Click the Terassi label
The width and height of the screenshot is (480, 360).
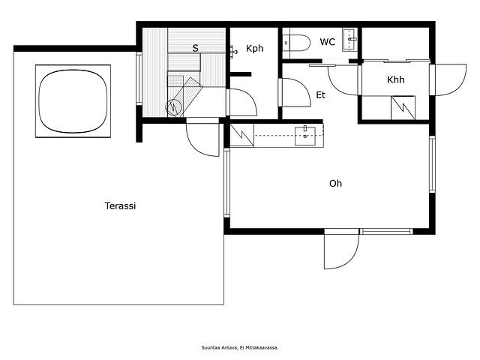click(x=120, y=205)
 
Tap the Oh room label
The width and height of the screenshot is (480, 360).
click(x=335, y=183)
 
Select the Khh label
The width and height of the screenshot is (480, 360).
click(x=395, y=79)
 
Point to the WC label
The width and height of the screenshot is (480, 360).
click(x=328, y=42)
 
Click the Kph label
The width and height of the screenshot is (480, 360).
click(x=255, y=48)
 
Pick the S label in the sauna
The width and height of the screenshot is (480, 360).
click(x=195, y=48)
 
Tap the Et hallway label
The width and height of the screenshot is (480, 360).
click(x=320, y=95)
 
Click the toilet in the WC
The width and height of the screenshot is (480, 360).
click(x=295, y=43)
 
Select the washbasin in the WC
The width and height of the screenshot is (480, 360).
click(x=349, y=39)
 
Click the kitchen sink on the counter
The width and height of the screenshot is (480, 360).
click(x=305, y=136)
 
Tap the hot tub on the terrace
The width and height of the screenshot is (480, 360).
click(x=73, y=101)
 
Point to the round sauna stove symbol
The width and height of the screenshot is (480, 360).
click(x=173, y=106)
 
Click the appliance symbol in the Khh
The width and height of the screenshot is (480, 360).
click(x=403, y=108)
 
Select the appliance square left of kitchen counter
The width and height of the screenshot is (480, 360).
click(x=241, y=135)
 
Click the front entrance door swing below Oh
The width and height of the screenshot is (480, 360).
click(x=341, y=249)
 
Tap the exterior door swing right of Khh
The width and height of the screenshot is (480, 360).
click(x=449, y=80)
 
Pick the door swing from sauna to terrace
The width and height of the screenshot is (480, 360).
click(x=203, y=138)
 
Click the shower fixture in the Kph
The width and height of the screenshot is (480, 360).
click(x=233, y=52)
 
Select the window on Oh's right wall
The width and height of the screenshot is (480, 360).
click(x=432, y=164)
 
